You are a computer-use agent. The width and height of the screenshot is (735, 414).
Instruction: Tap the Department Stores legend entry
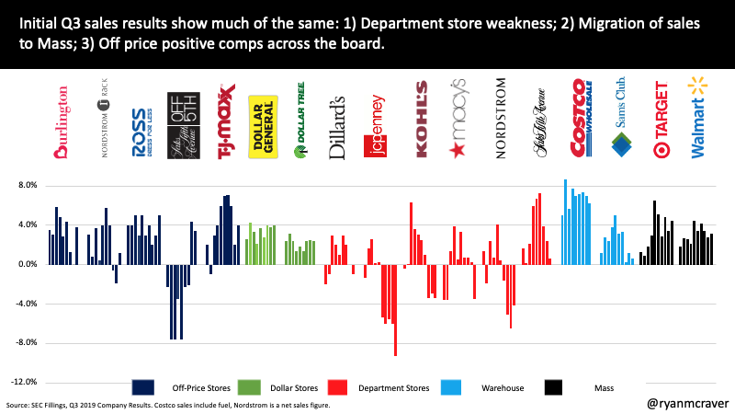[379, 387]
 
